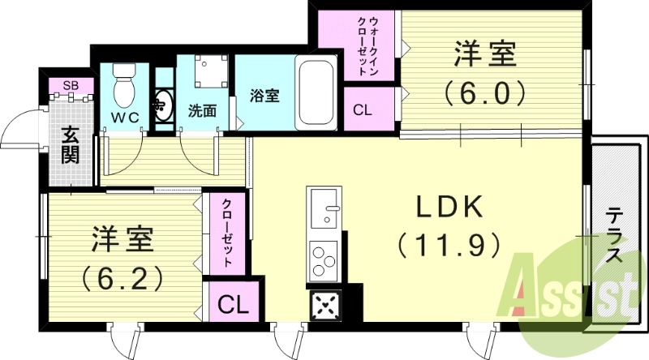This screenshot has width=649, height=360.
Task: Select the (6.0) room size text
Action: coord(486,95)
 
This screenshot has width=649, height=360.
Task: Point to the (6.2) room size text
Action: coord(122,276)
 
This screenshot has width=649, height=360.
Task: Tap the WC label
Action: coord(126,118)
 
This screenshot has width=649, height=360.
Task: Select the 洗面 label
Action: coord(202,111)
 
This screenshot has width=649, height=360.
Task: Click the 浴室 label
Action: coord(265,96)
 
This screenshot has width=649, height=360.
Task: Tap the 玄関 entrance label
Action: coord(70,144)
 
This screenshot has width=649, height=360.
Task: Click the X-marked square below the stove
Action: coord(324,306)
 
